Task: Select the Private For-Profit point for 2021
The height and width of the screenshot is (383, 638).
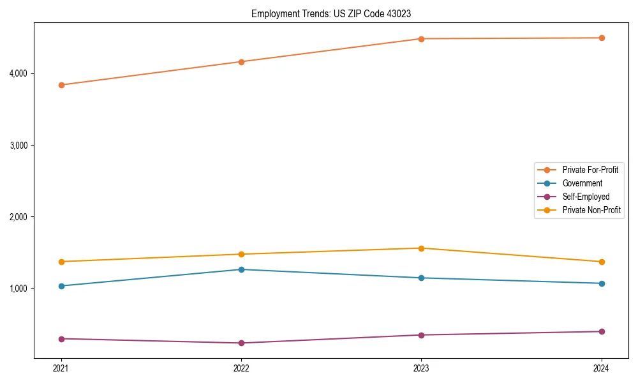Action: click(61, 85)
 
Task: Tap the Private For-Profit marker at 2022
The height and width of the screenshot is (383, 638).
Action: click(241, 62)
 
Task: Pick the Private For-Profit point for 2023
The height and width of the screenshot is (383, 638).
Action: click(421, 39)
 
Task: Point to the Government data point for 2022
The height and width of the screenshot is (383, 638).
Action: click(241, 269)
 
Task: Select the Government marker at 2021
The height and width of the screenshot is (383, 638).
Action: click(61, 286)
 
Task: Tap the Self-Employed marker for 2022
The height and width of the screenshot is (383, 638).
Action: click(241, 343)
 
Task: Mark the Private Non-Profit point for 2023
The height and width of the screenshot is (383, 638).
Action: click(421, 248)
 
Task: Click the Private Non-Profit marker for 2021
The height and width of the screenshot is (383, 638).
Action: click(61, 262)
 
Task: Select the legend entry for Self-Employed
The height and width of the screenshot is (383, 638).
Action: click(586, 197)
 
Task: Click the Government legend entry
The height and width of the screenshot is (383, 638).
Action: click(582, 183)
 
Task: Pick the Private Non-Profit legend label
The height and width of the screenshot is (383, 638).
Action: click(591, 210)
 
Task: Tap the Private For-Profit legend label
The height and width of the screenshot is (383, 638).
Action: click(590, 170)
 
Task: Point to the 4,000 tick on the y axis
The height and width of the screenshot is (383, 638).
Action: click(19, 73)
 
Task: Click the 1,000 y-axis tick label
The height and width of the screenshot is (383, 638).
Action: click(19, 289)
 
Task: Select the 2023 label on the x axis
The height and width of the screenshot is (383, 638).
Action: click(421, 368)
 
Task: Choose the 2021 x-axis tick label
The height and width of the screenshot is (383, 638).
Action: click(61, 368)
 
